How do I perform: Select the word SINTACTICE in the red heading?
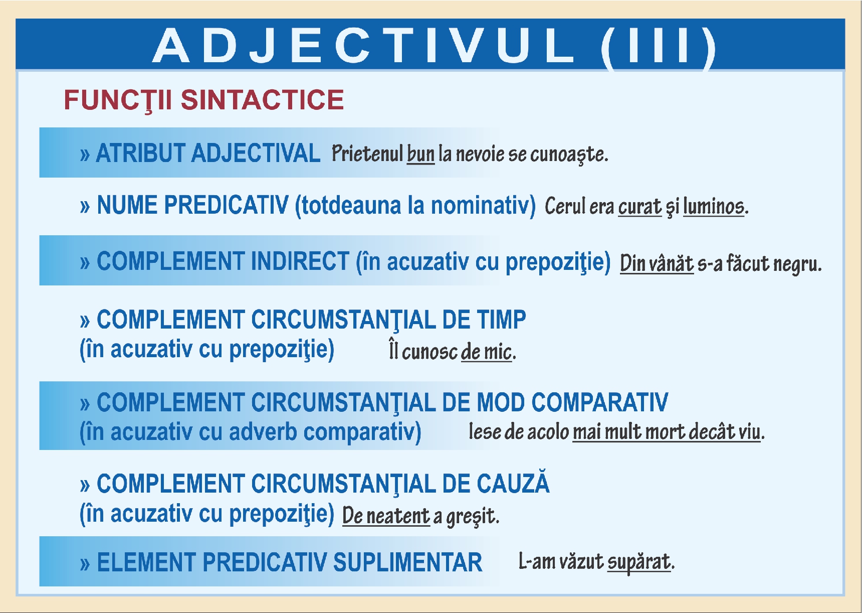pos(262,100)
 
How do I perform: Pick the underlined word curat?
pos(640,206)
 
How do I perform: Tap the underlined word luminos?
pos(714,206)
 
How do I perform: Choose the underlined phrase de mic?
pos(486,352)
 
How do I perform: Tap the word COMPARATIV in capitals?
pos(599,402)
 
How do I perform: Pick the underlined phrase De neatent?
pos(386,516)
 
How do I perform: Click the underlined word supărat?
pos(639,562)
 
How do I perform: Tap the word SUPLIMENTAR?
pos(407,562)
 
